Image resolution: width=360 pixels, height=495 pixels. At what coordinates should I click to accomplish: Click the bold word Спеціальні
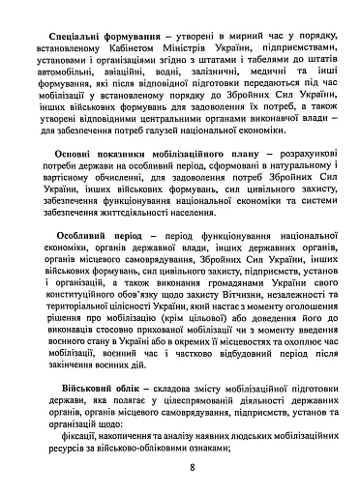coord(74,33)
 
